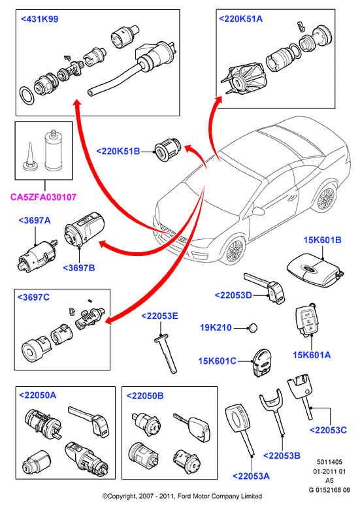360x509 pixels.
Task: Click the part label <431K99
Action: point(40,19)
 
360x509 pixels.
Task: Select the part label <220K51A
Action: point(240,19)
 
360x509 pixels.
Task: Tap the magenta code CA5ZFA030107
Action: point(44,197)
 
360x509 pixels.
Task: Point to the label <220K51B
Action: point(118,152)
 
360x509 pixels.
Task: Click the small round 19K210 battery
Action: point(254,328)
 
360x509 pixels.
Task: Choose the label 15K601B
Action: point(322,240)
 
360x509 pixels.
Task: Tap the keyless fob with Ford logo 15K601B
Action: point(313,271)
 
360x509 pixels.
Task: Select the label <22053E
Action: point(160,316)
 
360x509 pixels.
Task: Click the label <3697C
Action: point(33,297)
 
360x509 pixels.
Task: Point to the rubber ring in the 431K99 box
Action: point(27,96)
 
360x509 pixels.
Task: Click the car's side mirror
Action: point(257,211)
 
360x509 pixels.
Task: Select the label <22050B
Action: point(145,396)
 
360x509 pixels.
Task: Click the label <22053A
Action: point(251,476)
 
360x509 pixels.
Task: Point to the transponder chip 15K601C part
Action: point(261,362)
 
